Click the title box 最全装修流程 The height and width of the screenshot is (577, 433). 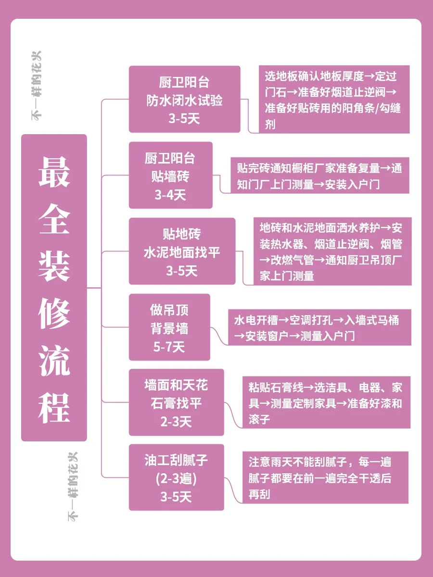[54, 288]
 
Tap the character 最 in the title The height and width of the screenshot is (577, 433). [54, 172]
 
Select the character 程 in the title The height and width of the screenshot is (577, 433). [54, 408]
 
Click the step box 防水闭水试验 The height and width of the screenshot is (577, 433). [184, 99]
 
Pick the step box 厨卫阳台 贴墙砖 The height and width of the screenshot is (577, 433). [170, 175]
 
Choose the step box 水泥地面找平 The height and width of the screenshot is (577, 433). [182, 251]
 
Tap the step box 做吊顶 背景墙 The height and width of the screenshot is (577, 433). [169, 327]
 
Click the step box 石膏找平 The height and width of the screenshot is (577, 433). [176, 402]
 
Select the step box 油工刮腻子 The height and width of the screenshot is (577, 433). [176, 477]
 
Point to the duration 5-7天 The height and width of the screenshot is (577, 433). [169, 347]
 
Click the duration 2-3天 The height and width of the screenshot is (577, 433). [176, 422]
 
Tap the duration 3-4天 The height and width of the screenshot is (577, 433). [170, 195]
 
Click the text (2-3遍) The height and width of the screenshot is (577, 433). [176, 478]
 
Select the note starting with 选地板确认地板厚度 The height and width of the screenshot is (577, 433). [334, 100]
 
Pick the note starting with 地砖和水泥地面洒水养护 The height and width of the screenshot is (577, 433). [332, 251]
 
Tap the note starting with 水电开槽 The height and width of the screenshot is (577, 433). [319, 327]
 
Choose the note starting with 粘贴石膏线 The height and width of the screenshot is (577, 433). [326, 402]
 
